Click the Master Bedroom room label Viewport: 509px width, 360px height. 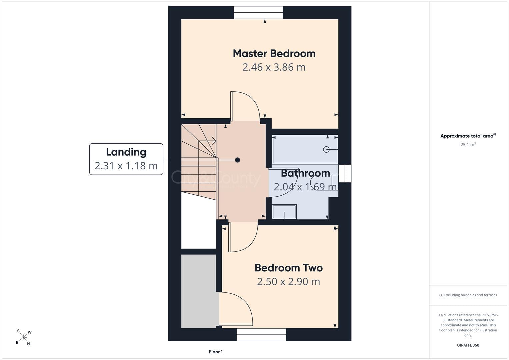pos(274,54)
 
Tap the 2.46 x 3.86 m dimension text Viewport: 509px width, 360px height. pos(274,67)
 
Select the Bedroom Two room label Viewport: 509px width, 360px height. pos(289,268)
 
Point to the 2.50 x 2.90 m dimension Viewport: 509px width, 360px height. pos(289,282)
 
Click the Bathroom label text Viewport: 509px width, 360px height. pos(305,173)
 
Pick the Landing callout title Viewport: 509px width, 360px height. pos(126,152)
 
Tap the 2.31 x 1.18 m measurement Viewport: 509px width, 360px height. pos(126,166)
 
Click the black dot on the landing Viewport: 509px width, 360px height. pos(237,160)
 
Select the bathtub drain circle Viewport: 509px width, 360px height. pos(326,149)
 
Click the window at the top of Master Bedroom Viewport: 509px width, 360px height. pos(258,13)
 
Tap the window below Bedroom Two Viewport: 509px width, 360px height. pos(261,335)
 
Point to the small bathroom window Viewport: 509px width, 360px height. pos(345,173)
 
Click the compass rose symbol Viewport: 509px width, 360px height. pos(23,337)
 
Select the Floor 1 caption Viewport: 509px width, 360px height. pos(216,352)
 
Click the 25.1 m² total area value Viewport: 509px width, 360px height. pos(468,144)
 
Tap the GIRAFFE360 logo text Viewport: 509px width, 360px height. pos(468,345)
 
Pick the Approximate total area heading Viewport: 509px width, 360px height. pos(468,136)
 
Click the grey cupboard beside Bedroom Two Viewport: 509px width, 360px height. pos(199,291)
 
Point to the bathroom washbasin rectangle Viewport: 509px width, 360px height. pos(284,212)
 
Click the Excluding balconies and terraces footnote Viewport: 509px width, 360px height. pos(468,295)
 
